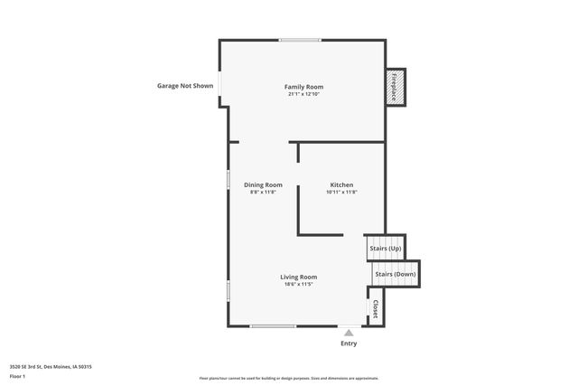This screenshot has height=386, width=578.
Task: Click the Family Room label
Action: click(304, 87)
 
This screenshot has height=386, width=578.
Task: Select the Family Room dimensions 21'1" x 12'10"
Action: click(304, 94)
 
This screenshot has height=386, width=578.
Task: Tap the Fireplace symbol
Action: click(395, 87)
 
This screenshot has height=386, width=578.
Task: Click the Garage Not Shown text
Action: click(185, 87)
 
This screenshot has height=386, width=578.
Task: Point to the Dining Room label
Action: click(263, 184)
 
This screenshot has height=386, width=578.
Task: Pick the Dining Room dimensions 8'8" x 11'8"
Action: click(263, 192)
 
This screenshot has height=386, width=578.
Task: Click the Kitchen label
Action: click(340, 184)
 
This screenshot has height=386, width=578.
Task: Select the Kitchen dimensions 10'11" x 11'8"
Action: click(340, 192)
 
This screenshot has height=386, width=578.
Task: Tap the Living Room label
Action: click(298, 277)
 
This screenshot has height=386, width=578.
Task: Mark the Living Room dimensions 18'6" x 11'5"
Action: click(298, 284)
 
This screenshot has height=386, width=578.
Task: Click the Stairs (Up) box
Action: click(386, 246)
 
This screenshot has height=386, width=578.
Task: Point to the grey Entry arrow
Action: click(349, 333)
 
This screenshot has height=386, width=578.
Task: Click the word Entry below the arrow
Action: click(349, 344)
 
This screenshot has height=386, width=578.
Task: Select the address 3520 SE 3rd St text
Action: click(51, 366)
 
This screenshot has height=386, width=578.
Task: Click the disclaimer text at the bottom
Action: click(289, 378)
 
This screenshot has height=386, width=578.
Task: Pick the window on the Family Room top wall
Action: click(299, 40)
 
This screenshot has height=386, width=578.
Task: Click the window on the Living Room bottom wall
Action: click(273, 325)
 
